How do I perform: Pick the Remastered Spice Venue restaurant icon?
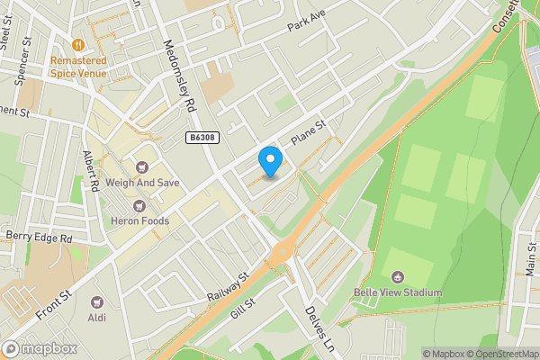(x=78, y=43)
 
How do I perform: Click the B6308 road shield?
(x=203, y=138)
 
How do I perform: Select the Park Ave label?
(x=306, y=22)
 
